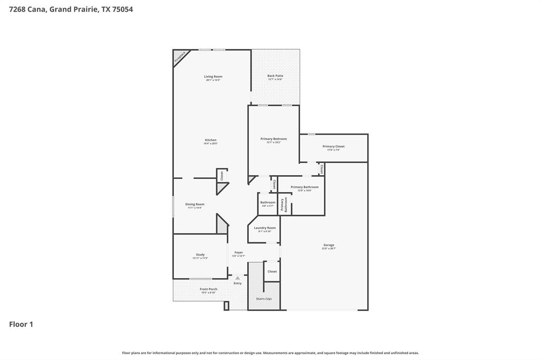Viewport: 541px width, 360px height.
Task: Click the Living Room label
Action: (213, 77)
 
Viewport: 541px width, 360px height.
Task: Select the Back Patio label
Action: (275, 77)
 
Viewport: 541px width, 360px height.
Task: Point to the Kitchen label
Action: (211, 141)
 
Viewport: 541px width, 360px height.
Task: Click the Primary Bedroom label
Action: (274, 139)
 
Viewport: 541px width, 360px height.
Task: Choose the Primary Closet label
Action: (333, 147)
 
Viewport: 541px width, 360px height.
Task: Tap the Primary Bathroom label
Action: (304, 187)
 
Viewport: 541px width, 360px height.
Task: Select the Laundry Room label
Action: (265, 229)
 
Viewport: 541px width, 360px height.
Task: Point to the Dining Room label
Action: (194, 205)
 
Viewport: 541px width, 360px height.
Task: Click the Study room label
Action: (200, 255)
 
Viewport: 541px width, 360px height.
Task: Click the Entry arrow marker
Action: (238, 278)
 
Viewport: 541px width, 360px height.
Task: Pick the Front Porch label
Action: (208, 290)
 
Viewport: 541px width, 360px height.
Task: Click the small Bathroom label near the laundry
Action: (268, 203)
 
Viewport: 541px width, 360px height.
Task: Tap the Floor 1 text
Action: (21, 324)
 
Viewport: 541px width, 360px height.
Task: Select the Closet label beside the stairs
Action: (272, 271)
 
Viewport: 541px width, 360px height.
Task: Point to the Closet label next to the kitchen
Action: (222, 176)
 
